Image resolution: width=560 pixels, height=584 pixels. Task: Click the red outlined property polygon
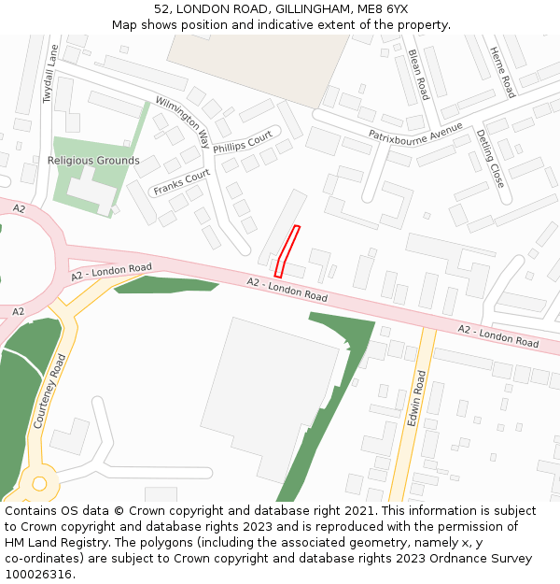(287, 249)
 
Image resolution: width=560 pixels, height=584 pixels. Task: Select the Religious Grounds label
(93, 161)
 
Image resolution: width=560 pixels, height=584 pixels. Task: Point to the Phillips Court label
(242, 142)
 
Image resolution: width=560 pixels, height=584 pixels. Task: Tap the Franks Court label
(182, 182)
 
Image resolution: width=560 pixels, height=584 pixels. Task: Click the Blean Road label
(417, 75)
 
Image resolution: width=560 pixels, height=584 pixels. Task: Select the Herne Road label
(502, 72)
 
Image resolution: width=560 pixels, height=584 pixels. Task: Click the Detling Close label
(490, 158)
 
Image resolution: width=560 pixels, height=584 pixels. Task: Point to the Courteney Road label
(50, 391)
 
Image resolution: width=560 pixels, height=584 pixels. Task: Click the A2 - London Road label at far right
(498, 336)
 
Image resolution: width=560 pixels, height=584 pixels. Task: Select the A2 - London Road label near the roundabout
(111, 273)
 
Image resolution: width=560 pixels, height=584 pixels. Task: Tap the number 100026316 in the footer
(38, 574)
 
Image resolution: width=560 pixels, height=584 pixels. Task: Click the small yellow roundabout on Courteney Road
(39, 483)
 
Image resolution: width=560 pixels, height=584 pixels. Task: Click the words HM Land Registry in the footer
(50, 542)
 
